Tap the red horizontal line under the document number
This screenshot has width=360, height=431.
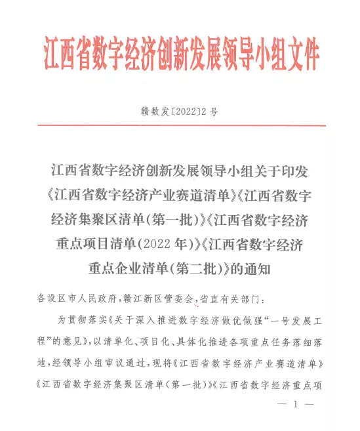pyautogui.click(x=180, y=125)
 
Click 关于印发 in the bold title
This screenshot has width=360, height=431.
pyautogui.click(x=284, y=172)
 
